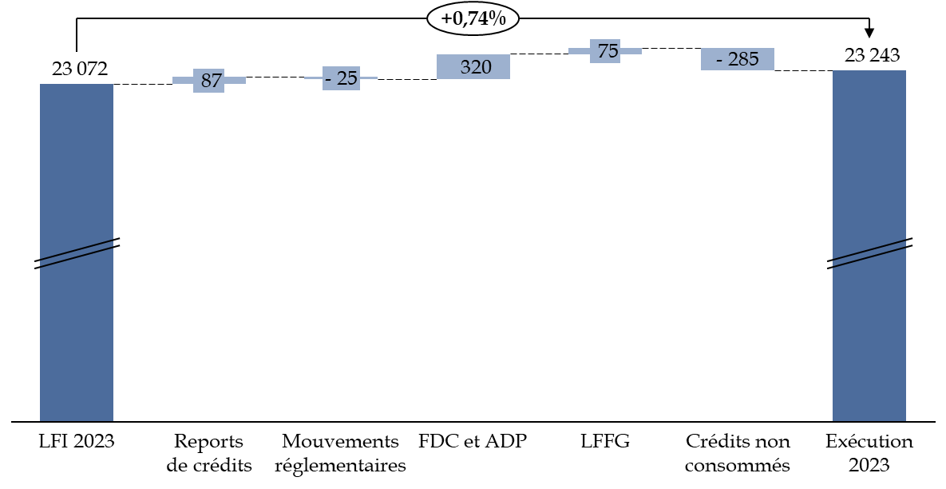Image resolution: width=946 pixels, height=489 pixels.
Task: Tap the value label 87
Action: (210, 81)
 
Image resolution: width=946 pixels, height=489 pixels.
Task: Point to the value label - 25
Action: (342, 78)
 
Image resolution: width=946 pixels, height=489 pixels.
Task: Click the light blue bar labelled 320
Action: (473, 67)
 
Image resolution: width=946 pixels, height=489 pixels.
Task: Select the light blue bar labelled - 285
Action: (738, 59)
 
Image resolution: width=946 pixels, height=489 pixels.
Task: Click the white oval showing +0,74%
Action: (473, 18)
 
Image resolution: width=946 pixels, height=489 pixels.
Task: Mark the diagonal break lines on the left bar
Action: (77, 254)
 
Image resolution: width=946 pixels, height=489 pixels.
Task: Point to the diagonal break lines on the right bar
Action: (869, 254)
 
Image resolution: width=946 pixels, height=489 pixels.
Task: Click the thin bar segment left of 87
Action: (183, 81)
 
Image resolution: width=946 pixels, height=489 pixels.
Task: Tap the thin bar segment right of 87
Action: (235, 81)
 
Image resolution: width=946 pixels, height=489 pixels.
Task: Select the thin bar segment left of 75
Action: (579, 51)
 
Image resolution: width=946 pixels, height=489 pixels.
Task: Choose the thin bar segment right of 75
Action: (631, 51)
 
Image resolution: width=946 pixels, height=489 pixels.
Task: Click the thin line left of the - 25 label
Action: (313, 78)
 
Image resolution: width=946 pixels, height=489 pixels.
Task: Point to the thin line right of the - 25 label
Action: (369, 78)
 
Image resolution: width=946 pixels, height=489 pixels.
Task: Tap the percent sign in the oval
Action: (498, 18)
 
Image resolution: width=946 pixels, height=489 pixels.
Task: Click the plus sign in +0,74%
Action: (446, 18)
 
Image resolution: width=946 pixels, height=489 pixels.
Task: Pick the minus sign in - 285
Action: (719, 60)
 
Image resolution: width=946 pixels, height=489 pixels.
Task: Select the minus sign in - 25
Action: (328, 79)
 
